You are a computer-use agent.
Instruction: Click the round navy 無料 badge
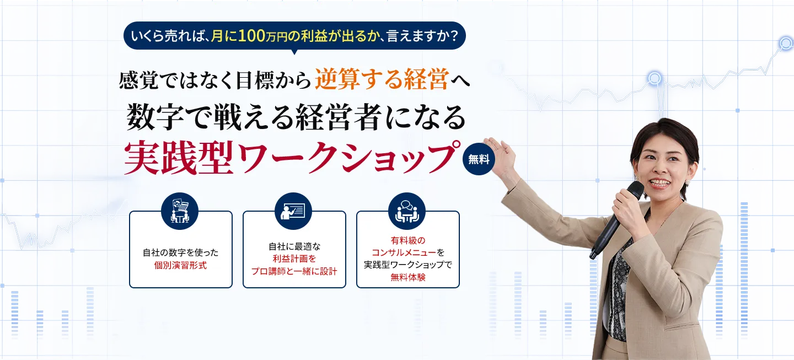479,159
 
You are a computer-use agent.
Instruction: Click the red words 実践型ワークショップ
292,158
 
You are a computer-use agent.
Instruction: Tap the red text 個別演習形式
180,265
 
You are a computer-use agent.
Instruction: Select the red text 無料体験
407,277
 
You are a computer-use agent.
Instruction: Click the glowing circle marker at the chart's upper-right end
786,43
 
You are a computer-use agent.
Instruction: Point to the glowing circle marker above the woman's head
654,78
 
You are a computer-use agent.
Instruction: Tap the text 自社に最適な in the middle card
294,247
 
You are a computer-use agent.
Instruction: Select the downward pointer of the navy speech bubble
294,52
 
